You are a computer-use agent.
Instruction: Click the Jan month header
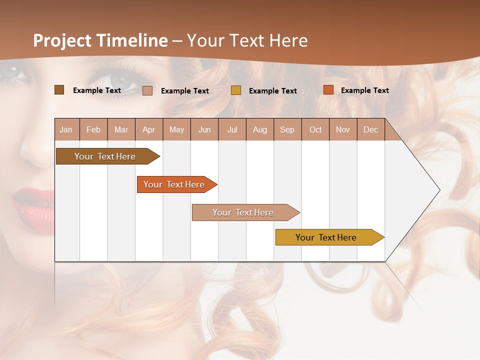coord(66,130)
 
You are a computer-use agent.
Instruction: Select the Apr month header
coord(149,130)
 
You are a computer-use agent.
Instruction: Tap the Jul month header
coord(232,130)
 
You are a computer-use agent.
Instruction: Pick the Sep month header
coord(287,130)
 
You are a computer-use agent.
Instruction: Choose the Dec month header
coord(370,130)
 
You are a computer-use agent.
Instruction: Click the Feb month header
coord(93,130)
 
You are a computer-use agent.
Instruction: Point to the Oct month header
coord(315,130)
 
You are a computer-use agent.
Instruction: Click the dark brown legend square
coord(59,90)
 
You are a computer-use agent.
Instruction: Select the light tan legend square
coord(147,90)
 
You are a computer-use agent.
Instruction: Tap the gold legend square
coord(236,90)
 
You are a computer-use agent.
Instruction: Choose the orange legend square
coord(328,90)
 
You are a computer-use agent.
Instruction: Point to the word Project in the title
coord(62,40)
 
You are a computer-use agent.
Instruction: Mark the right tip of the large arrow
coord(439,190)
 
